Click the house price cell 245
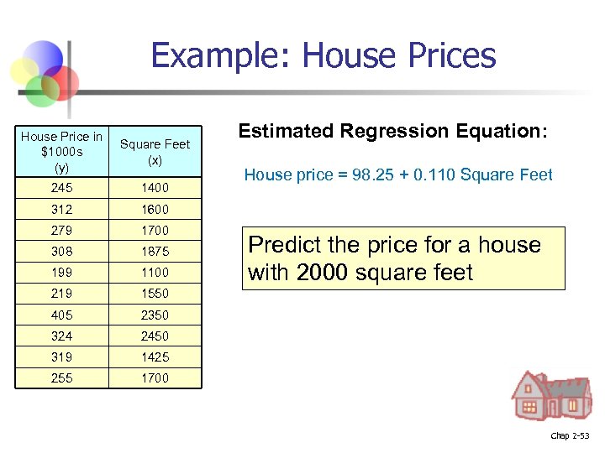coord(62,187)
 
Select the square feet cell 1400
coord(155,187)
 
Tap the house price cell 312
coord(62,209)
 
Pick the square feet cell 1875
coord(155,251)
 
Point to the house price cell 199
coord(62,272)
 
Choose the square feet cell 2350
coord(155,315)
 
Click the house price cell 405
coord(62,315)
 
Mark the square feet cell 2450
coord(155,336)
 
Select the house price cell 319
coord(62,357)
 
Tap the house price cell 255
coord(62,377)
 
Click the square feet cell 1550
coord(155,294)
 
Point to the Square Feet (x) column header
coord(155,152)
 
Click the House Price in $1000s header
coord(62,152)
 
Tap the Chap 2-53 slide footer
coord(570,435)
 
